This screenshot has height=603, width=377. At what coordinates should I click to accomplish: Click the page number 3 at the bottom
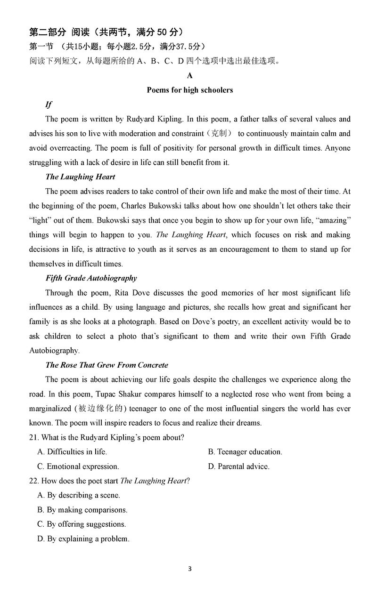[189, 568]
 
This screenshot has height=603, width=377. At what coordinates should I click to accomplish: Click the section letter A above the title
[189, 75]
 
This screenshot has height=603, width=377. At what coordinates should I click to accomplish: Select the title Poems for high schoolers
[189, 90]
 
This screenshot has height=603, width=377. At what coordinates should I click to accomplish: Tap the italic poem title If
[49, 105]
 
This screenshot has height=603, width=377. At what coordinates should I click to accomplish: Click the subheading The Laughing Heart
[80, 177]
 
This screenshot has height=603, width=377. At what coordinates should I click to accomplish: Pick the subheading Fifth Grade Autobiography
[91, 278]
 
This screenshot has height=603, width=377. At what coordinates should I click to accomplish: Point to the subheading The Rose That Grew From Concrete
[107, 365]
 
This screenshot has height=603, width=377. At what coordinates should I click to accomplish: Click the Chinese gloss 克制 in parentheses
[218, 134]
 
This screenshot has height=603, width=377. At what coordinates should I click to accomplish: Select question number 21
[33, 437]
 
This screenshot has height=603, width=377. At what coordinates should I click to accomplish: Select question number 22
[33, 481]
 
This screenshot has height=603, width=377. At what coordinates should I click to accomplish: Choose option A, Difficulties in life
[72, 452]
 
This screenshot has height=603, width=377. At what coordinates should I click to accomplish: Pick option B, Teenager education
[245, 452]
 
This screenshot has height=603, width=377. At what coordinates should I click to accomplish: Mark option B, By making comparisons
[82, 510]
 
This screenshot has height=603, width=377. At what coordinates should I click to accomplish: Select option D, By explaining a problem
[83, 539]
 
